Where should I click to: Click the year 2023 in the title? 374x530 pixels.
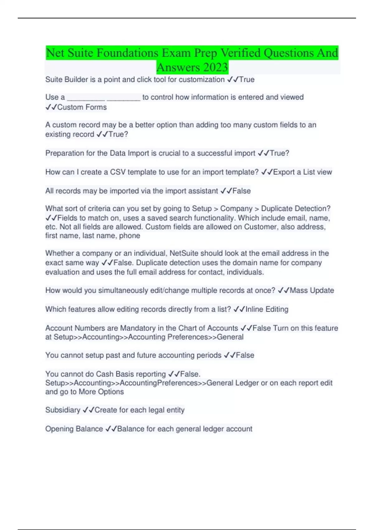[x=215, y=67]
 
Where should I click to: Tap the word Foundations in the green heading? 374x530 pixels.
[x=127, y=53]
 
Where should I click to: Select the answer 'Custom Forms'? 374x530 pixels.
[x=82, y=107]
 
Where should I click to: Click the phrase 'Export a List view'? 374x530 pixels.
[x=302, y=172]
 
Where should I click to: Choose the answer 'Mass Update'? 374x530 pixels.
[x=312, y=291]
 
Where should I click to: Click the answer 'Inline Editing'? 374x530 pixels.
[x=267, y=309]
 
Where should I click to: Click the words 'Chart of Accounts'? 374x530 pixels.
[x=208, y=328]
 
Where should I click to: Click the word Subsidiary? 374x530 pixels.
[x=63, y=410]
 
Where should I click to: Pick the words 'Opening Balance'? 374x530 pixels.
[x=74, y=429]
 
